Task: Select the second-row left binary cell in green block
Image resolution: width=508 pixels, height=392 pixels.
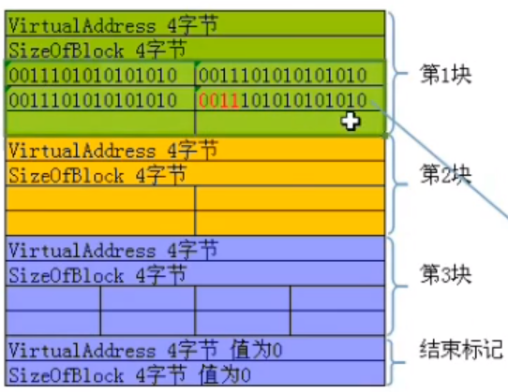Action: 92,100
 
